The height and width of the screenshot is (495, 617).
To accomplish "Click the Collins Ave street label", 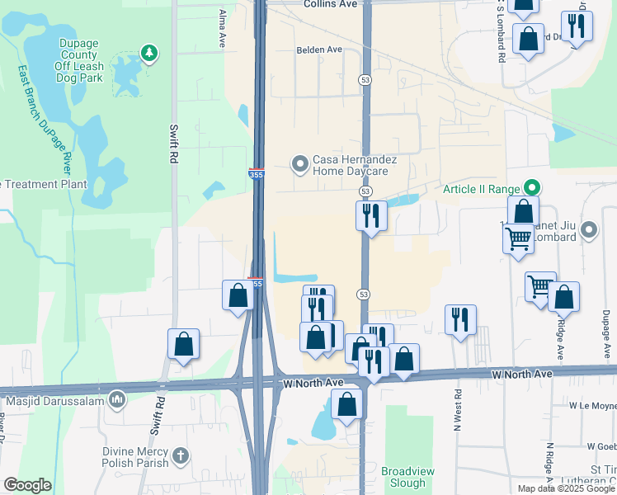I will coord(330,4).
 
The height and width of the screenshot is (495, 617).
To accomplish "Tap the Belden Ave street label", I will coord(319,49).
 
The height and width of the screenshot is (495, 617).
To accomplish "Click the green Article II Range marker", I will coord(533,189).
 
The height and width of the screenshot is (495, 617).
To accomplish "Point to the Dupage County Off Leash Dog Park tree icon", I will coord(148,54).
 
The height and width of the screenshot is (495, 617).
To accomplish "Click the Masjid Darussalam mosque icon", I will coord(117,401).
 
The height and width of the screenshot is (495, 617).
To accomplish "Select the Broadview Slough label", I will coord(403,476).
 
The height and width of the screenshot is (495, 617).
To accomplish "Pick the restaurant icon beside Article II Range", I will coord(371,216).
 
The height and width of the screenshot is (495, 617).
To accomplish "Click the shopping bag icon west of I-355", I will coord(238,295).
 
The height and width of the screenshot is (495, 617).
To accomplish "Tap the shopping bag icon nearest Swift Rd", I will coord(183,344).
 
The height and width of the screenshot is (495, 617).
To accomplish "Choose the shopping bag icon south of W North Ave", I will coord(347,405).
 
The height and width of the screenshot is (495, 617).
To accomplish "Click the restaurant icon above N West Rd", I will coord(460,319).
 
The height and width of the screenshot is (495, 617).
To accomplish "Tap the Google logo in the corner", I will coord(27,485).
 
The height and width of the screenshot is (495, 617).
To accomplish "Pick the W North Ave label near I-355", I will coord(313,384).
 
